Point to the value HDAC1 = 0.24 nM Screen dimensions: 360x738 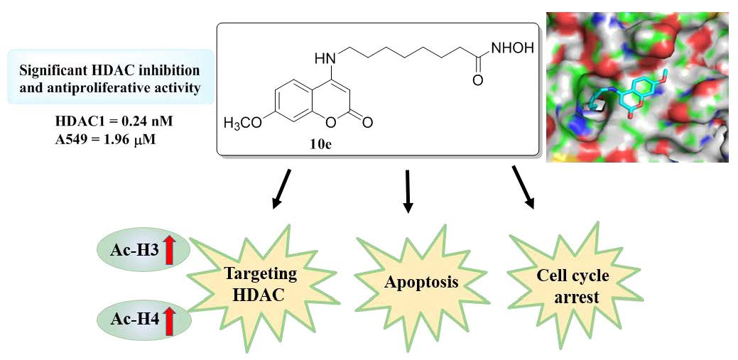tap(114, 121)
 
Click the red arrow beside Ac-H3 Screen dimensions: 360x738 tap(169, 251)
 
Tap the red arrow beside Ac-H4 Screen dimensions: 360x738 tap(169, 321)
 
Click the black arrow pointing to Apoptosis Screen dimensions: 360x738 tap(408, 192)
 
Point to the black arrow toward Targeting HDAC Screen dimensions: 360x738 tap(281, 190)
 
